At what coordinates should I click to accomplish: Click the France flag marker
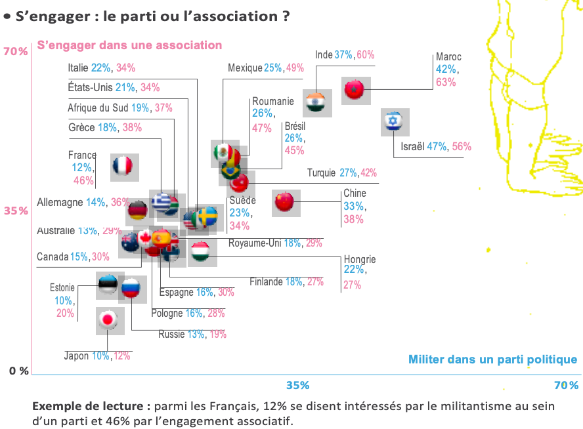pos(123,167)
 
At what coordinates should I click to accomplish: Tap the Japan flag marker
pos(108,320)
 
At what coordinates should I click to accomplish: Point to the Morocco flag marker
pos(355,89)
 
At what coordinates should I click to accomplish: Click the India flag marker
pos(317,102)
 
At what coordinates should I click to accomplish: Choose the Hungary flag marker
pos(200,251)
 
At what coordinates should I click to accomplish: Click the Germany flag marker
pos(139,211)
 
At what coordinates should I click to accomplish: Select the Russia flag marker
pos(131,287)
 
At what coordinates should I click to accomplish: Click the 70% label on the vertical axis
pos(15,51)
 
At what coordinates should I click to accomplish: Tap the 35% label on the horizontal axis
pos(297,384)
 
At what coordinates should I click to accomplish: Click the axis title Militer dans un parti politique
pos(492,359)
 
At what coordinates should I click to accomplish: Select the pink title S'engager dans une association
pos(130,45)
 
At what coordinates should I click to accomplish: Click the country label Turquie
pos(322,173)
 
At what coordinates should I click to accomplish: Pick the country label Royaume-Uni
pos(254,243)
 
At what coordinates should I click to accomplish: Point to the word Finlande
pos(266,282)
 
